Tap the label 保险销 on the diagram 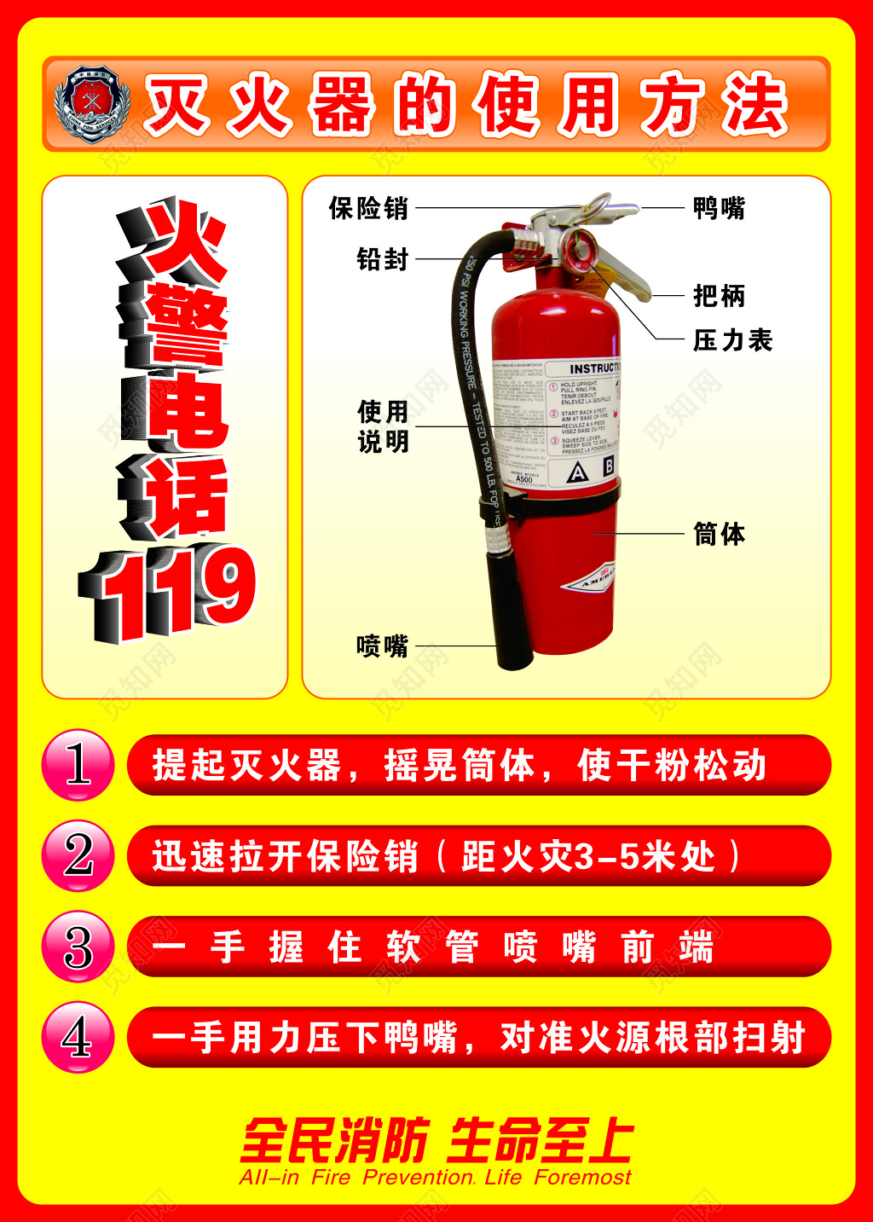pyautogui.click(x=368, y=208)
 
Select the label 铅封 pyautogui.click(x=383, y=259)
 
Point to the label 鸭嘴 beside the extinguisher pyautogui.click(x=719, y=208)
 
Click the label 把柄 pyautogui.click(x=719, y=296)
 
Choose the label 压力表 pyautogui.click(x=732, y=340)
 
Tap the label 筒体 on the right pyautogui.click(x=719, y=535)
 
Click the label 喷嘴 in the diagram pyautogui.click(x=383, y=646)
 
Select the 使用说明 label pyautogui.click(x=383, y=427)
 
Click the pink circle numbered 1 pyautogui.click(x=78, y=765)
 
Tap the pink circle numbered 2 pyautogui.click(x=78, y=855)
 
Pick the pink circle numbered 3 pyautogui.click(x=78, y=947)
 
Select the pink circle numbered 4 pyautogui.click(x=78, y=1037)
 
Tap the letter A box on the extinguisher pyautogui.click(x=578, y=472)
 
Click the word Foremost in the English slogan pyautogui.click(x=583, y=1178)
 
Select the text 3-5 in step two pyautogui.click(x=608, y=857)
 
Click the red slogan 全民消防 pyautogui.click(x=334, y=1141)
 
